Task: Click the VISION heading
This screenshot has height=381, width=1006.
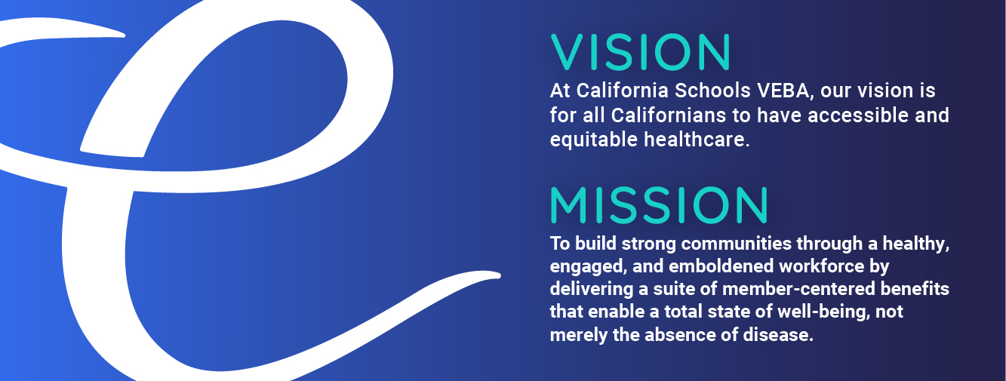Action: tap(641, 52)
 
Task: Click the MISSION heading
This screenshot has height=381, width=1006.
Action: tap(660, 205)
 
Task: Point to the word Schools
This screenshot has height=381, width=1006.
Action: tap(712, 91)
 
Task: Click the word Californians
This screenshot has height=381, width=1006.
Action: tap(668, 115)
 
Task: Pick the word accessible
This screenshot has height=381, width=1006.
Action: tap(858, 115)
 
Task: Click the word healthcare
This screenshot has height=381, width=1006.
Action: tap(697, 140)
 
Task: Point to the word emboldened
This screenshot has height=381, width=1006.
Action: tap(721, 266)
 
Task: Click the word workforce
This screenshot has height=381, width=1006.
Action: tap(822, 266)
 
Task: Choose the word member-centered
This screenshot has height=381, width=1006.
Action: tap(798, 289)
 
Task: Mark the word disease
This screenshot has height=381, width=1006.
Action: tap(778, 335)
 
